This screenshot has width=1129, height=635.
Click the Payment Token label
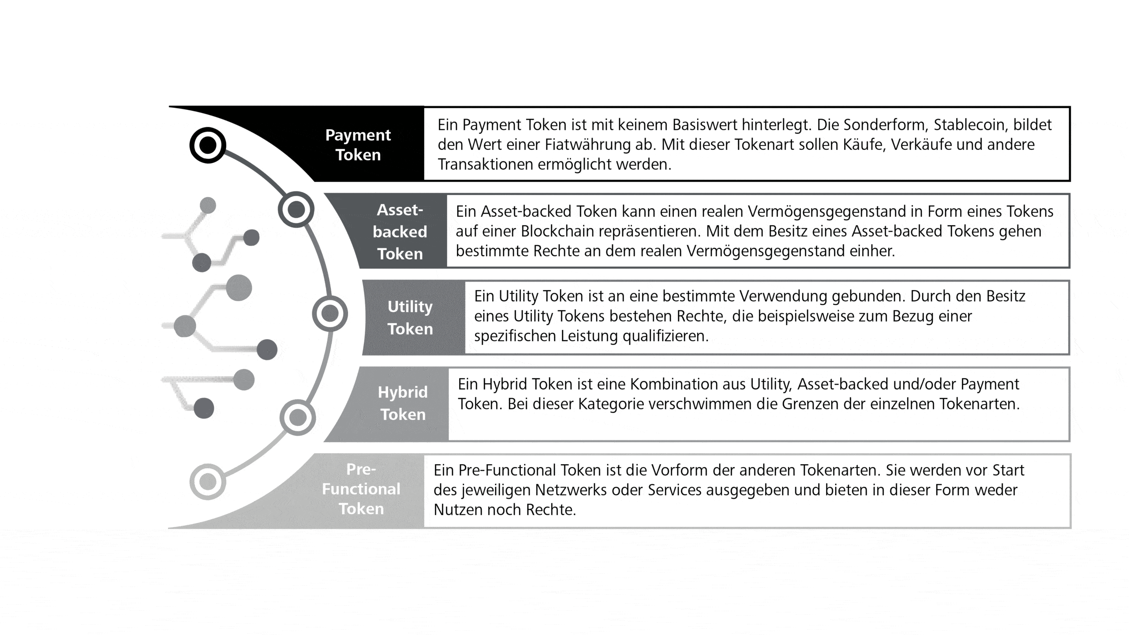(x=358, y=145)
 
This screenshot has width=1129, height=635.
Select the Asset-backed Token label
(x=400, y=232)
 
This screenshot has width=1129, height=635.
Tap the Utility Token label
(x=410, y=317)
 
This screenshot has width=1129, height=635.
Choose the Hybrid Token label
(x=403, y=403)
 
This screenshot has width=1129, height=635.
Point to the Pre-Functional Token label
(x=361, y=489)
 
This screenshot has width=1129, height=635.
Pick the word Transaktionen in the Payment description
(x=485, y=164)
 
